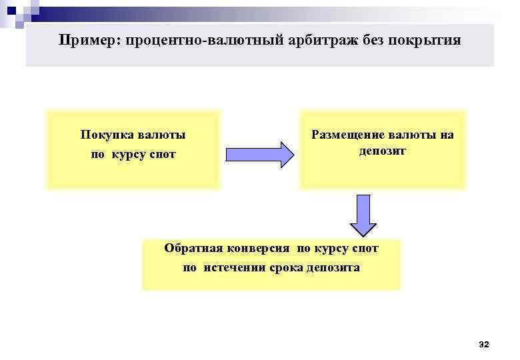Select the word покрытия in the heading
tap(426, 41)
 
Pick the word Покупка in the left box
tap(107, 135)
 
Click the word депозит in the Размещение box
tap(383, 151)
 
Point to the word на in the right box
tap(447, 135)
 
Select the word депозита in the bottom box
tap(333, 268)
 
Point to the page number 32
tap(484, 344)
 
